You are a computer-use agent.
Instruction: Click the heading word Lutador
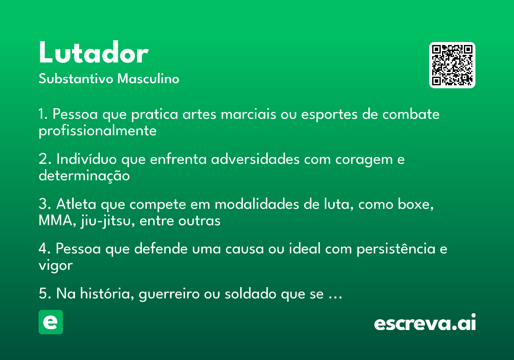click(x=94, y=52)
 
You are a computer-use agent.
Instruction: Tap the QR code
click(x=452, y=65)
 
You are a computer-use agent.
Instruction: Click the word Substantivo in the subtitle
click(x=76, y=78)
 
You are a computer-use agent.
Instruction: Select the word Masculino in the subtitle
click(x=148, y=78)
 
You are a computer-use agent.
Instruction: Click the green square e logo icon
click(x=51, y=322)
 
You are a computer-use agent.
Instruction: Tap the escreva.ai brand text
click(x=425, y=322)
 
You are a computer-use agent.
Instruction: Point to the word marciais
click(x=248, y=114)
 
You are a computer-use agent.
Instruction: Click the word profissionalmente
click(x=98, y=131)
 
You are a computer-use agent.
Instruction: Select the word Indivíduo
click(x=87, y=159)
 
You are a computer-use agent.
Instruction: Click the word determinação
click(x=84, y=176)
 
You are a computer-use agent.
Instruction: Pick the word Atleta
click(x=76, y=204)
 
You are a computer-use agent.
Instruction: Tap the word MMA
click(x=55, y=220)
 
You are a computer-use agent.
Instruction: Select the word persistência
click(x=396, y=249)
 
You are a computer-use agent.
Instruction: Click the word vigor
click(x=56, y=266)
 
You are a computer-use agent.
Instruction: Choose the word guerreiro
click(x=169, y=294)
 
